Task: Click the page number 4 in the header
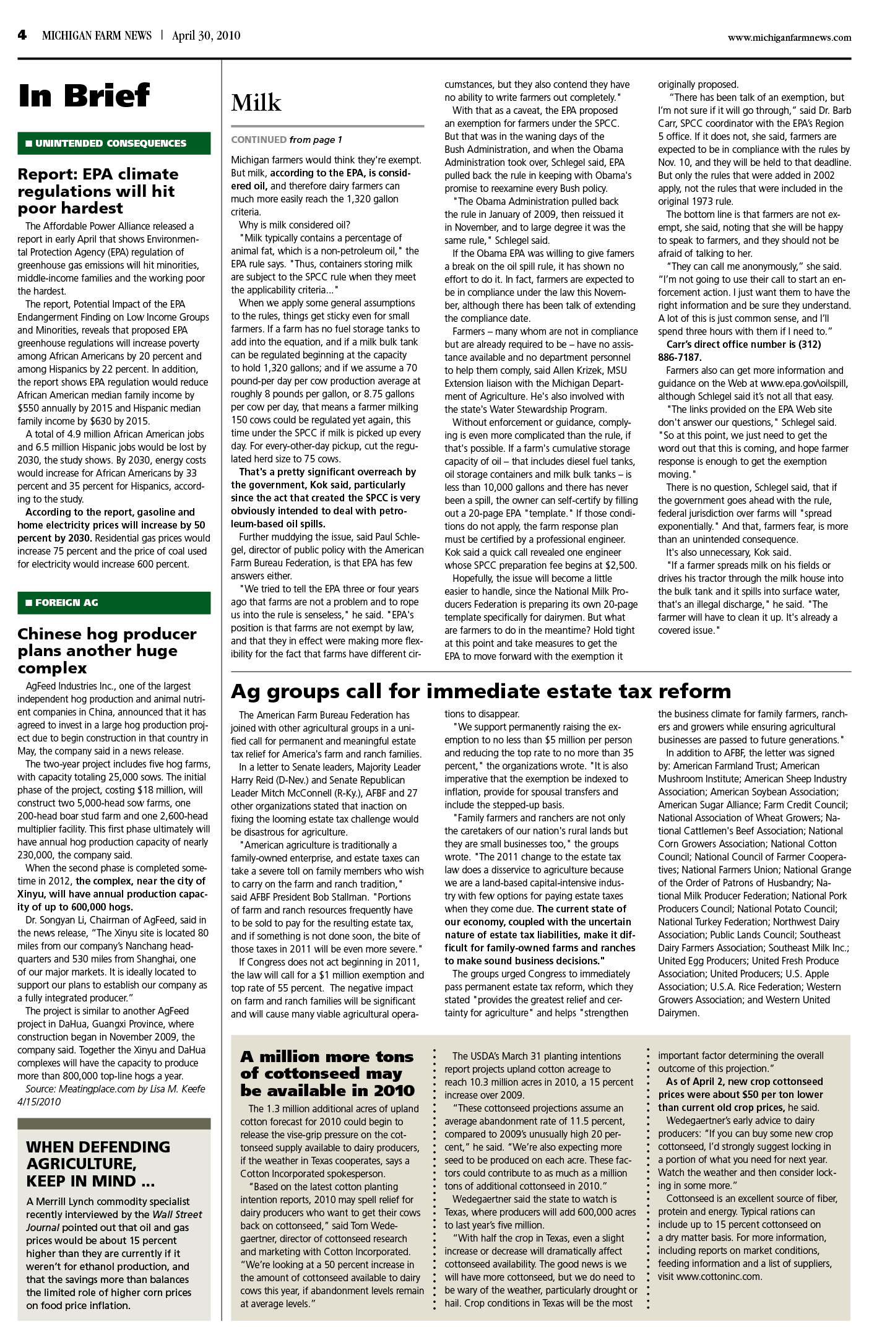click(22, 35)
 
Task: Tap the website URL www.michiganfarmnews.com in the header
click(789, 37)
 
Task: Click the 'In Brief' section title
click(84, 96)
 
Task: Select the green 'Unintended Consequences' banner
click(114, 144)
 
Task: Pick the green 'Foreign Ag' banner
click(114, 602)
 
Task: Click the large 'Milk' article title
click(256, 103)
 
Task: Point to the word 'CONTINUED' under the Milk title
click(259, 140)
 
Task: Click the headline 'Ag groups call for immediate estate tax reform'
click(481, 690)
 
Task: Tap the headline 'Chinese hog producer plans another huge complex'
click(107, 651)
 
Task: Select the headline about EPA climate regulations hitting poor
click(98, 191)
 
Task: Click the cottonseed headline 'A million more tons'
click(327, 1073)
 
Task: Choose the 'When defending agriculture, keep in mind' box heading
click(98, 1164)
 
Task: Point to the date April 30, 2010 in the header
click(206, 35)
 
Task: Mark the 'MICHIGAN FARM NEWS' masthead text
click(97, 35)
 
